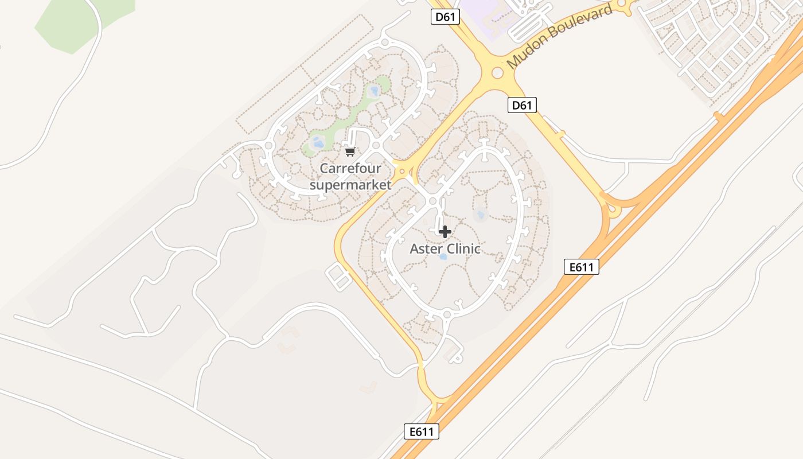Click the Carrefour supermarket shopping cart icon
[x=350, y=152]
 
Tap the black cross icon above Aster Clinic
[x=445, y=232]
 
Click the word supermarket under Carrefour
[x=350, y=185]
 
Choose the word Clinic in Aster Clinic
[x=462, y=249]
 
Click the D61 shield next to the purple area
[x=445, y=17]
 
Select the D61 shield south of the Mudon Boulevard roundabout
[x=522, y=105]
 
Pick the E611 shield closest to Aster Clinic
[x=581, y=267]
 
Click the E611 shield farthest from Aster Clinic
[x=422, y=431]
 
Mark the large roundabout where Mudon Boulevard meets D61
[x=497, y=72]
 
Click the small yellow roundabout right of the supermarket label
[x=402, y=171]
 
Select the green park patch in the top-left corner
[x=80, y=23]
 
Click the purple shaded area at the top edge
[x=482, y=11]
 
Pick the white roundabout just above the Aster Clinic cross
[x=433, y=201]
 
